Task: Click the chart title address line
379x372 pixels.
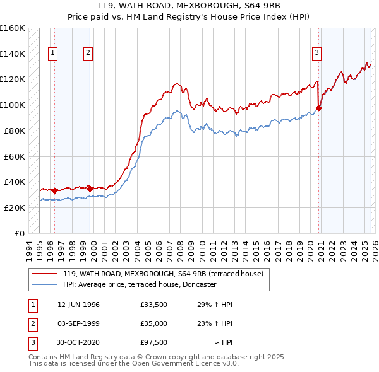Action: pyautogui.click(x=189, y=5)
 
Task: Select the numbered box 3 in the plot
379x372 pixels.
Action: pyautogui.click(x=316, y=53)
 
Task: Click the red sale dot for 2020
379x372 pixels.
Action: pyautogui.click(x=318, y=108)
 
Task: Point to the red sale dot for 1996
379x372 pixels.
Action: pyautogui.click(x=55, y=190)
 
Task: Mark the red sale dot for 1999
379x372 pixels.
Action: pyautogui.click(x=90, y=188)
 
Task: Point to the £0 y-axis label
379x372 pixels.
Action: pyautogui.click(x=19, y=233)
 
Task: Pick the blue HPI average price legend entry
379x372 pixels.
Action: pyautogui.click(x=140, y=284)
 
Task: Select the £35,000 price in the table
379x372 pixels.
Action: pyautogui.click(x=154, y=323)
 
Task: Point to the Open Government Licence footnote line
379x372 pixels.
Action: pyautogui.click(x=134, y=363)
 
